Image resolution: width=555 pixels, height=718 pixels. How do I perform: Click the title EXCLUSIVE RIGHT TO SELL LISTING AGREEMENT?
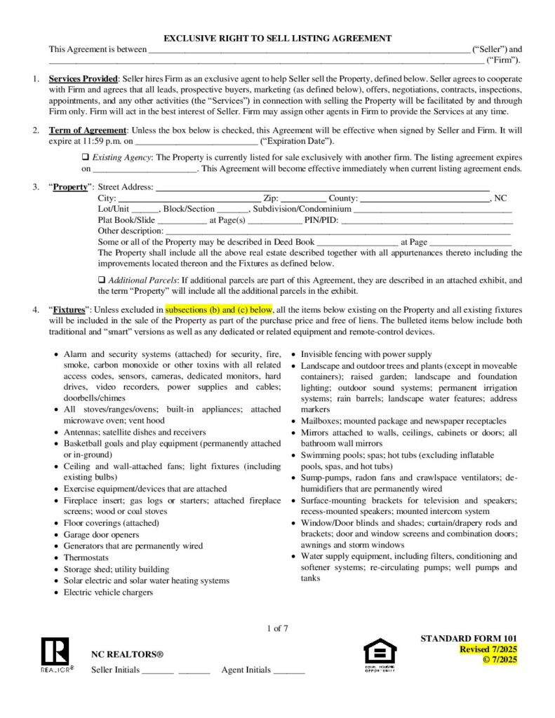[277, 38]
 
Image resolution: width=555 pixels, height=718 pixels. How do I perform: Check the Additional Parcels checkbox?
[102, 280]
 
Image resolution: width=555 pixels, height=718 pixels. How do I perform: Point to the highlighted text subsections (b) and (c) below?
[218, 309]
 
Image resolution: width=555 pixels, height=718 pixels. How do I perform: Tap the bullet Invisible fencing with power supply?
[366, 354]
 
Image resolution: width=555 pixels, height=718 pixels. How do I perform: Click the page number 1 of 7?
[278, 628]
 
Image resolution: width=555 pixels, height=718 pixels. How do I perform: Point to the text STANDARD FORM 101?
[469, 638]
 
